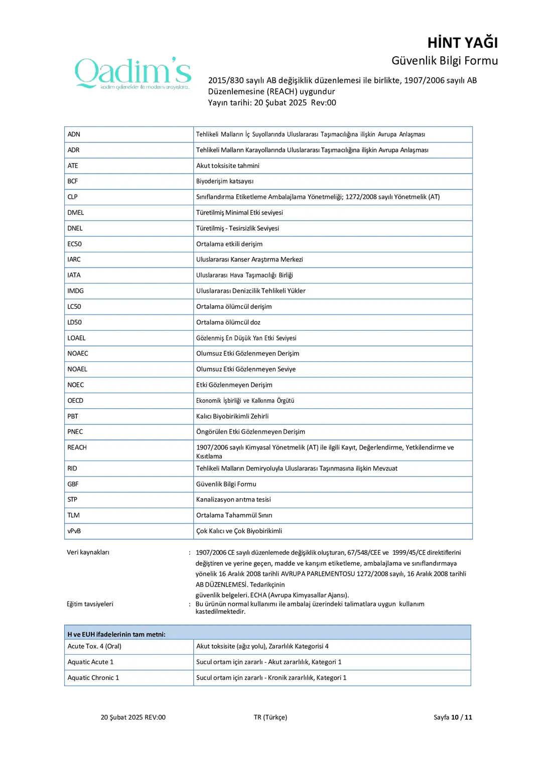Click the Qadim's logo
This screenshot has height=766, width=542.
pyautogui.click(x=133, y=73)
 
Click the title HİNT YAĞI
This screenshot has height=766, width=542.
pyautogui.click(x=462, y=43)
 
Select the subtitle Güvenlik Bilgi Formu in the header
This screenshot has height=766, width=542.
pyautogui.click(x=444, y=61)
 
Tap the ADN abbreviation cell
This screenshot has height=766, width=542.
pyautogui.click(x=74, y=134)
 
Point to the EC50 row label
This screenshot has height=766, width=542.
pyautogui.click(x=74, y=244)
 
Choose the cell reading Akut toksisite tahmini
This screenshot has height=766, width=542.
pyautogui.click(x=228, y=166)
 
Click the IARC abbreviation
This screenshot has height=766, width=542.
pyautogui.click(x=74, y=260)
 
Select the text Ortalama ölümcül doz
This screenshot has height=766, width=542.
pyautogui.click(x=228, y=323)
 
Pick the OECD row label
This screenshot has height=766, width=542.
pyautogui.click(x=75, y=401)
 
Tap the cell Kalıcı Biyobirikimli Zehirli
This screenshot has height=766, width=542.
pyautogui.click(x=232, y=416)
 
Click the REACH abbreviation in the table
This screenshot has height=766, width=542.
pyautogui.click(x=77, y=447)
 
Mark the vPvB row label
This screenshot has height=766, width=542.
pyautogui.click(x=74, y=531)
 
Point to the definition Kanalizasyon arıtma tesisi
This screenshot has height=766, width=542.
pyautogui.click(x=233, y=500)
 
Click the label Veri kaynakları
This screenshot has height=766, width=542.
pyautogui.click(x=88, y=552)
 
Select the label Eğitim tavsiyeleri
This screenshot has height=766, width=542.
pyautogui.click(x=90, y=604)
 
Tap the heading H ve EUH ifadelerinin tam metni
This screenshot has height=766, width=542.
pyautogui.click(x=116, y=635)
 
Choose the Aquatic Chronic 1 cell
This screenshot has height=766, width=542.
pyautogui.click(x=93, y=678)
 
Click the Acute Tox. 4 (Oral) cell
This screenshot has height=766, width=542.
pyautogui.click(x=94, y=647)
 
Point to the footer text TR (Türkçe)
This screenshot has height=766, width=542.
pyautogui.click(x=270, y=717)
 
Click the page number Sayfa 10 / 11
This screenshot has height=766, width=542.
pyautogui.click(x=453, y=717)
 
